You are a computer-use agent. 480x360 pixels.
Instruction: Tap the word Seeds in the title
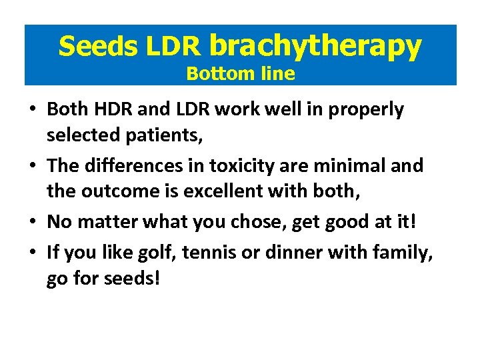(99, 46)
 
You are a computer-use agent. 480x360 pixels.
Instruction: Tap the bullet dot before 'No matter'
(33, 221)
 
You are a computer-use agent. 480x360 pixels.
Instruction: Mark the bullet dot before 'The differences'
(33, 165)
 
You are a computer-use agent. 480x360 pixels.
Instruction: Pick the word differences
(135, 165)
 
